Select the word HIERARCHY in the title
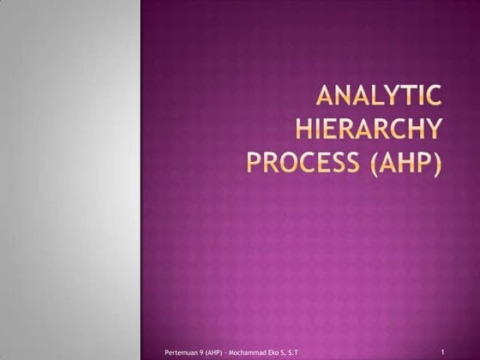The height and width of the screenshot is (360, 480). pyautogui.click(x=369, y=129)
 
